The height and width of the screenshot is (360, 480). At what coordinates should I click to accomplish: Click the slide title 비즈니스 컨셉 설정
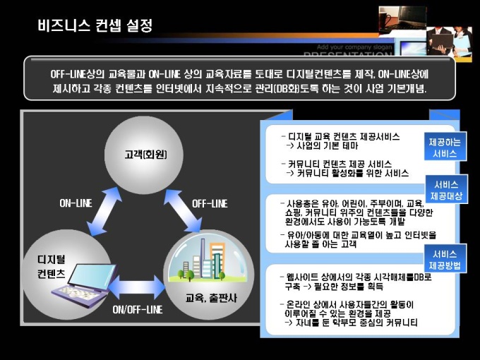point(95,25)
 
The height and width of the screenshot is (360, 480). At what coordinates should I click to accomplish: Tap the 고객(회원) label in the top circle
point(145,155)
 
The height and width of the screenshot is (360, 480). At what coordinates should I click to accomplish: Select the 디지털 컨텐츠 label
point(52,266)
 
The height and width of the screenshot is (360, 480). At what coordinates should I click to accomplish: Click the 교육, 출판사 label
point(211,298)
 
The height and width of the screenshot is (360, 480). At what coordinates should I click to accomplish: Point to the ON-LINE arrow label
point(76,203)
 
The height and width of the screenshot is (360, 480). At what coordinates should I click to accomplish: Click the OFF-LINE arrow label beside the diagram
point(210,203)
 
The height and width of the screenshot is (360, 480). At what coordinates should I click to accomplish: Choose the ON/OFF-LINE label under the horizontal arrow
point(138,309)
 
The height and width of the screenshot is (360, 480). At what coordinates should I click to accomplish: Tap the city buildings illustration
point(203,260)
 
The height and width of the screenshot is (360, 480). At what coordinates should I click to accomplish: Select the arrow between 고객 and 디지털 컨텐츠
point(104,212)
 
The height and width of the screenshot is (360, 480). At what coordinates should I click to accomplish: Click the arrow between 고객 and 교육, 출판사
point(183,210)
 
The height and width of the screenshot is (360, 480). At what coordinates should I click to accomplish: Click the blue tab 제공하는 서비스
point(445,147)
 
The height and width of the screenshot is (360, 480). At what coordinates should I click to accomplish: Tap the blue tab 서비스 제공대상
point(446,189)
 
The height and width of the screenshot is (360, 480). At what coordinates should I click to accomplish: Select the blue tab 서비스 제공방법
point(445,259)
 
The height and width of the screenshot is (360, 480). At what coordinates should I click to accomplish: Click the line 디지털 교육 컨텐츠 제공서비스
point(340,136)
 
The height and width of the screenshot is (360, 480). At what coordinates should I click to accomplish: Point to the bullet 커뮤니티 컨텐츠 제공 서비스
point(337,164)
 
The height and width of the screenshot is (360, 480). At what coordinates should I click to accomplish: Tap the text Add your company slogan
point(354,47)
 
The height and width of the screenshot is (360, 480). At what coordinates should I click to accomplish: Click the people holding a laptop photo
point(449,42)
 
